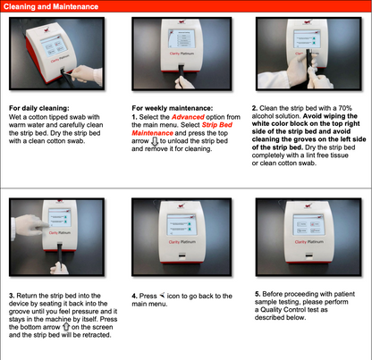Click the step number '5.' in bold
coord(258,292)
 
